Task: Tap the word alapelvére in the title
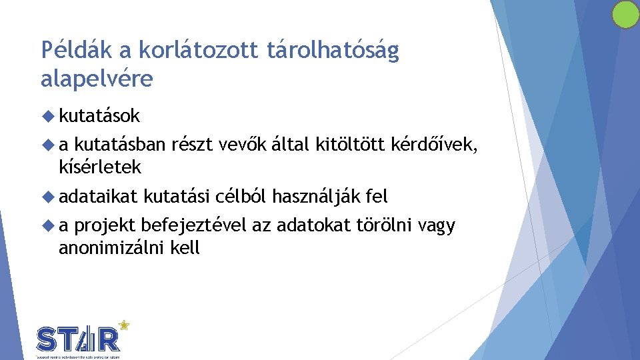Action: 97,79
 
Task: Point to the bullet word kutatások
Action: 99,116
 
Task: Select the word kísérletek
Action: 100,167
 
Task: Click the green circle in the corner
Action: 625,15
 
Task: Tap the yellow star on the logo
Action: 123,325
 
